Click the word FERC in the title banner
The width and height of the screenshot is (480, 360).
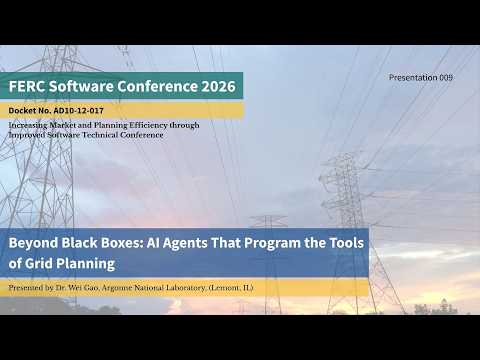(x=27, y=86)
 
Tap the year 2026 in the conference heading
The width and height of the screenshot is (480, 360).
(x=218, y=86)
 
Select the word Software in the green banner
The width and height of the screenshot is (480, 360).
(x=81, y=86)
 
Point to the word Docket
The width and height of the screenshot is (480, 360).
(x=22, y=111)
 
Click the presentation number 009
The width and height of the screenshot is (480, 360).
(x=446, y=77)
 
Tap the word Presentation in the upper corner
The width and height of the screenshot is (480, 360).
(x=413, y=77)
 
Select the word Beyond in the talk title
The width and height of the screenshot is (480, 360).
(x=33, y=243)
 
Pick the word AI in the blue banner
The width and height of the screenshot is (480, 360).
(x=153, y=243)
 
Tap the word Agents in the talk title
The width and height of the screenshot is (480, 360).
(x=185, y=243)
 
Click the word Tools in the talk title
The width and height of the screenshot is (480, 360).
(x=346, y=243)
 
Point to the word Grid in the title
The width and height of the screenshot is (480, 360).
(x=38, y=264)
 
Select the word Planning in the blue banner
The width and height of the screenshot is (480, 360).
(x=85, y=264)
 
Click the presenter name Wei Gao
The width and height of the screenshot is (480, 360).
(x=83, y=288)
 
